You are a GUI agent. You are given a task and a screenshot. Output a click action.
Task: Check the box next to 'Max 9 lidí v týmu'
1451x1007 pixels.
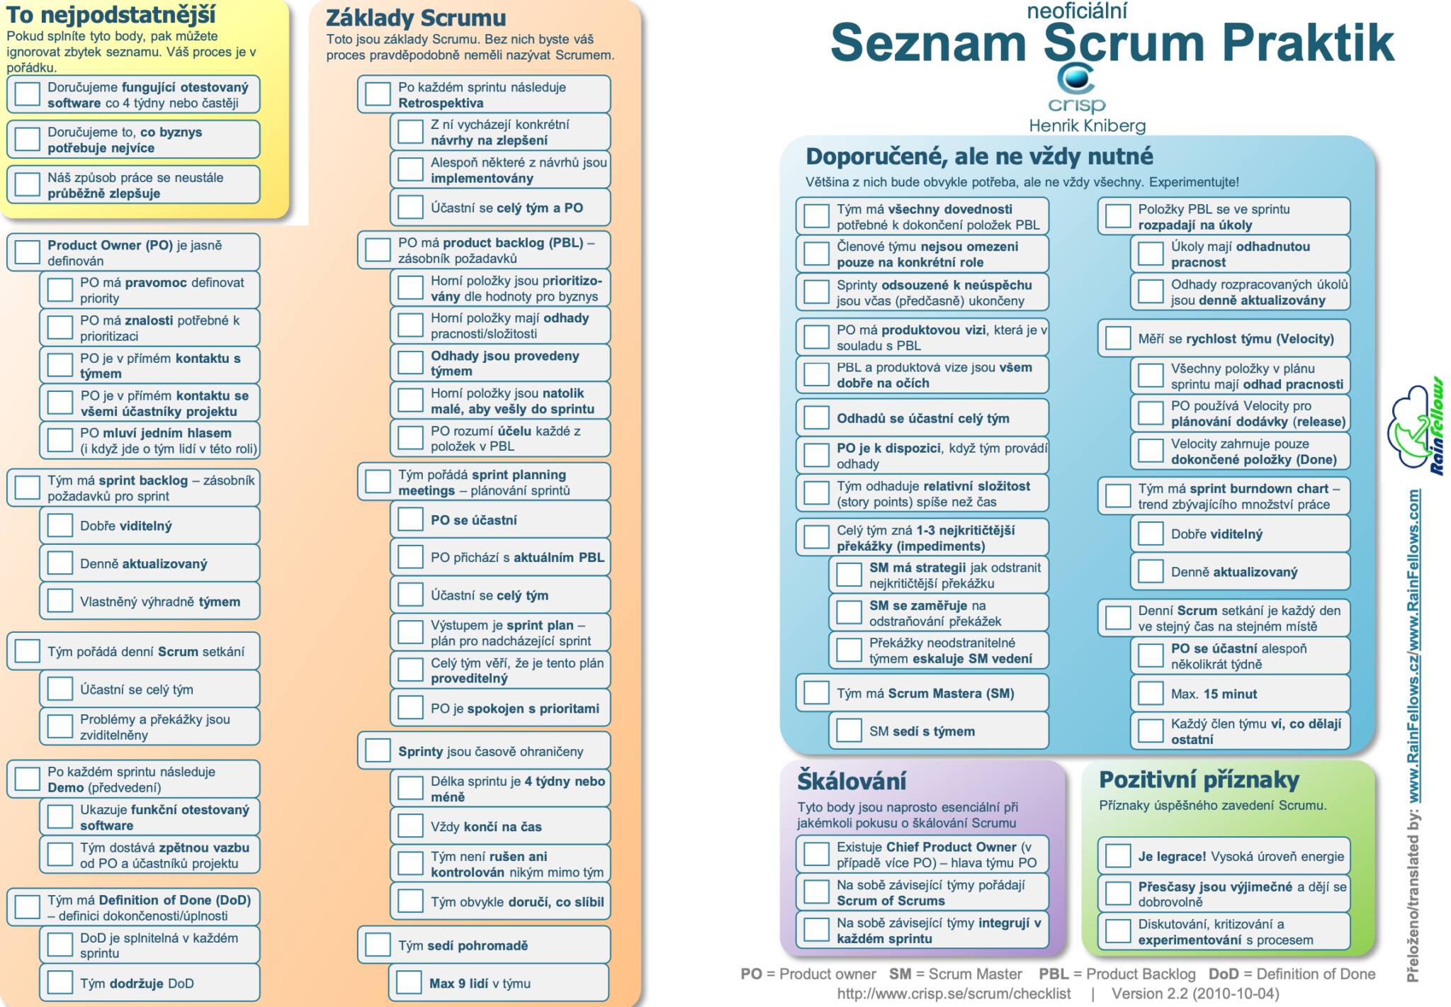tap(410, 982)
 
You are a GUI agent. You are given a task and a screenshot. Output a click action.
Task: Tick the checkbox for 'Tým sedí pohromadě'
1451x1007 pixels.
tap(378, 945)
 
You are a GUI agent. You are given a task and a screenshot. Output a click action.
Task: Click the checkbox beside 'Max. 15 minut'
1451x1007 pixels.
tap(1151, 694)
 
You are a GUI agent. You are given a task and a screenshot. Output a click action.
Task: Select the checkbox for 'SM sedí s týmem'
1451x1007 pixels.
tap(849, 731)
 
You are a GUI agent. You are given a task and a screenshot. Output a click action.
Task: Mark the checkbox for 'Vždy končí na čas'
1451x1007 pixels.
tap(410, 826)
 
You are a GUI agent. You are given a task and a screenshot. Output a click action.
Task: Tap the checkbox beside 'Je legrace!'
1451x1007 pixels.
tap(1118, 856)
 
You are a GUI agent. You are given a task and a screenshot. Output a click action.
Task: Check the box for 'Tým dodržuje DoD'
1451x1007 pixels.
tap(60, 983)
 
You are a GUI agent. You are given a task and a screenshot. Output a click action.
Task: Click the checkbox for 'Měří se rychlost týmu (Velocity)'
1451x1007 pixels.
tap(1118, 338)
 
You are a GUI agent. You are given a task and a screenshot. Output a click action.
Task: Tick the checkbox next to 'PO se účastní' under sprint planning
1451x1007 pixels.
tap(410, 519)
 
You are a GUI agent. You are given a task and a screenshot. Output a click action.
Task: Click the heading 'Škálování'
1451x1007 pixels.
tap(852, 781)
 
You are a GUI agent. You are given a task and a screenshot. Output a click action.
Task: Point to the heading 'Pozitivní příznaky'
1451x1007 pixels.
tap(1199, 780)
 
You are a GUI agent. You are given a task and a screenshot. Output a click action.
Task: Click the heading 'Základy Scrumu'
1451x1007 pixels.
tap(416, 18)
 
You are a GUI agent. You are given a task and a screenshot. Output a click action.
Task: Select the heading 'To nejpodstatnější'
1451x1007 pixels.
tap(111, 14)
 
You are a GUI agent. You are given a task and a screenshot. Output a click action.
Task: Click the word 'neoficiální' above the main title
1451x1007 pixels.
tap(1076, 11)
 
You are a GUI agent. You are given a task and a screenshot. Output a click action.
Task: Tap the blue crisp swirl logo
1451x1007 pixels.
tap(1075, 78)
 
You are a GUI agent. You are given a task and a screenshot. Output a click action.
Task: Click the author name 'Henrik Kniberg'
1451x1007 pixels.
tap(1087, 126)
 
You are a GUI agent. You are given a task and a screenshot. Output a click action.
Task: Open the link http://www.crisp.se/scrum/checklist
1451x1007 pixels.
tap(954, 994)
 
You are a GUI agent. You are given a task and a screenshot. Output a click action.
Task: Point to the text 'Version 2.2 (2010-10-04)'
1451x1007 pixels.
tap(1195, 994)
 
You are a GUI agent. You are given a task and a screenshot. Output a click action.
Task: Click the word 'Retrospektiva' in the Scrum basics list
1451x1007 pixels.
tap(441, 103)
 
